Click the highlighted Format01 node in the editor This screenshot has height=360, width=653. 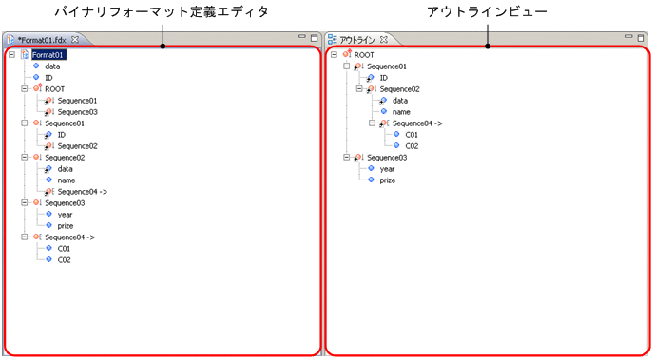click(48, 55)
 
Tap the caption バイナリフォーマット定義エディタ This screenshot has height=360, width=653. click(163, 11)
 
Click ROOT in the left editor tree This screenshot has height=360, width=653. click(54, 89)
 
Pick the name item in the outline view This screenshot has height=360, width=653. click(401, 111)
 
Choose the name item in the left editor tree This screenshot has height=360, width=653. click(67, 180)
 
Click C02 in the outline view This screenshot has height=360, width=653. click(412, 145)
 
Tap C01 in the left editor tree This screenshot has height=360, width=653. click(64, 248)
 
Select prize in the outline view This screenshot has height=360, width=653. click(388, 180)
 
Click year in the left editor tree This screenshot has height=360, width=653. click(65, 214)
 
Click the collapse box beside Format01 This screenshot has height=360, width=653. click(10, 55)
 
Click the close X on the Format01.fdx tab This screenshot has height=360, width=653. click(75, 39)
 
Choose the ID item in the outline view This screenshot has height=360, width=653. click(383, 78)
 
